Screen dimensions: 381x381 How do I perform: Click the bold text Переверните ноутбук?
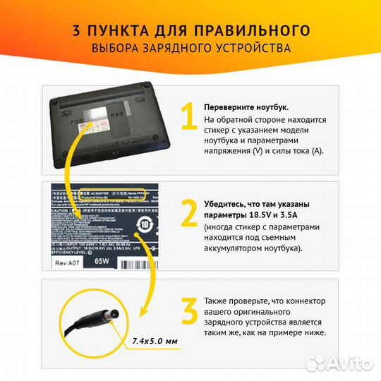pyautogui.click(x=246, y=107)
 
